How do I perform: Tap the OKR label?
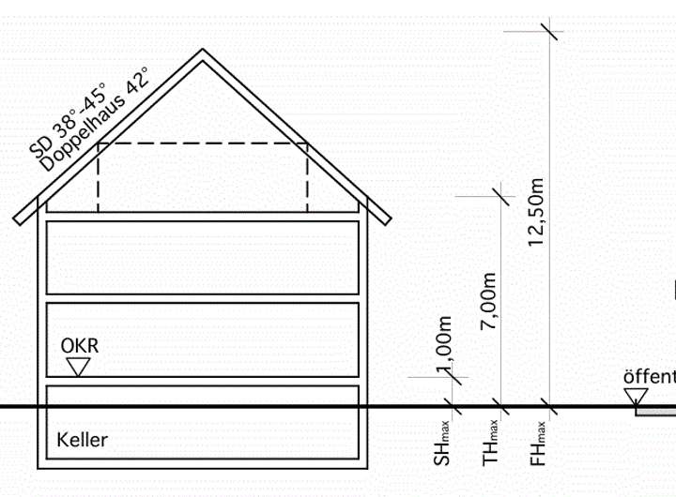click(x=80, y=345)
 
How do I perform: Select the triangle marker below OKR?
click(x=80, y=366)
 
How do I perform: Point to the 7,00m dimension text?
click(x=488, y=297)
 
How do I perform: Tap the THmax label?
click(x=490, y=443)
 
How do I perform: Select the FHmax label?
click(x=538, y=443)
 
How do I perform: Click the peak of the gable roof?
click(x=202, y=53)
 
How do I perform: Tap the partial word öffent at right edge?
click(x=650, y=377)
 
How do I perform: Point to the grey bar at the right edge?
click(x=656, y=411)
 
